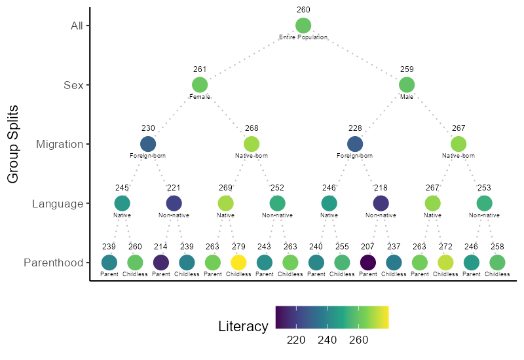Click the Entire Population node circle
(x=303, y=26)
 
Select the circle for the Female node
(x=200, y=85)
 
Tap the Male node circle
(x=407, y=85)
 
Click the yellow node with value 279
(x=238, y=262)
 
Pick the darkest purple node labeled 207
(x=368, y=262)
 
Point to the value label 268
(x=252, y=128)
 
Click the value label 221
(x=174, y=188)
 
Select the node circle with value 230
(x=148, y=144)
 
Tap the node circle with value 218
(x=381, y=204)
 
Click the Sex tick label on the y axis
(x=73, y=85)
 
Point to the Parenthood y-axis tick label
(x=54, y=263)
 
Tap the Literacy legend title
(x=243, y=326)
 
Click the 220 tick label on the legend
(x=296, y=340)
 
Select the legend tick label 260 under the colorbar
(x=358, y=340)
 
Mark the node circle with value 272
(x=445, y=262)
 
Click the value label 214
(x=160, y=247)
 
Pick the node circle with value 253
(x=484, y=204)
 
